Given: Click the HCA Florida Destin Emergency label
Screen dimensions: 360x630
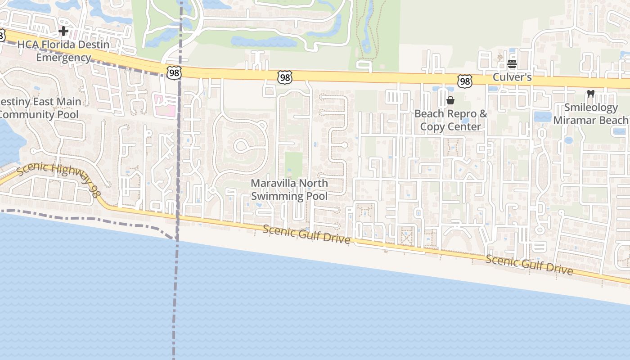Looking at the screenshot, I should [x=63, y=51].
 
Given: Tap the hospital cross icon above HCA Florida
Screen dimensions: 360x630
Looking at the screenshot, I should [x=63, y=31].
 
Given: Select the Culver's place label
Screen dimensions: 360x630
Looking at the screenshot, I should [x=512, y=77].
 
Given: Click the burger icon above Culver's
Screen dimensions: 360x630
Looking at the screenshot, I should [x=512, y=64].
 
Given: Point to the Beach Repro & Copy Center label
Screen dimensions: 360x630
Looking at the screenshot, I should [x=450, y=120].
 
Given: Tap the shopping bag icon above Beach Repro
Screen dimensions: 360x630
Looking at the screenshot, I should [x=450, y=100].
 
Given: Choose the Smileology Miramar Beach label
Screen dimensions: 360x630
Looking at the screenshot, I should [x=590, y=114].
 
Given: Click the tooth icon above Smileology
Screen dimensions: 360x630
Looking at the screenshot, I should [x=591, y=94].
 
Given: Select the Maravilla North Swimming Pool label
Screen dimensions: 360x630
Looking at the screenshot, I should [x=289, y=189].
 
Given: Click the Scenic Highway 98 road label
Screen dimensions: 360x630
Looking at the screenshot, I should [x=58, y=180].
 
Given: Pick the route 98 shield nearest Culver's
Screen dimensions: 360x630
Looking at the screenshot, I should [x=465, y=81].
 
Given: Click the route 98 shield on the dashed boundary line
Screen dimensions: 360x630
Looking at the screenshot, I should [x=174, y=73].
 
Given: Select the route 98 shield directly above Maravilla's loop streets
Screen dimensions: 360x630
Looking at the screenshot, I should [x=285, y=77].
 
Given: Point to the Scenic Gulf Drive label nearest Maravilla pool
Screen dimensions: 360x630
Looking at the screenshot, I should [x=306, y=234].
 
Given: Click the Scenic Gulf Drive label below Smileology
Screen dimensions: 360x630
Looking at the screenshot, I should [x=529, y=265].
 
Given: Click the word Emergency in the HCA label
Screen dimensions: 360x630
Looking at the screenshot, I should [x=63, y=58].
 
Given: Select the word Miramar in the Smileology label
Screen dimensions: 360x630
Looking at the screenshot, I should [x=577, y=120].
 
